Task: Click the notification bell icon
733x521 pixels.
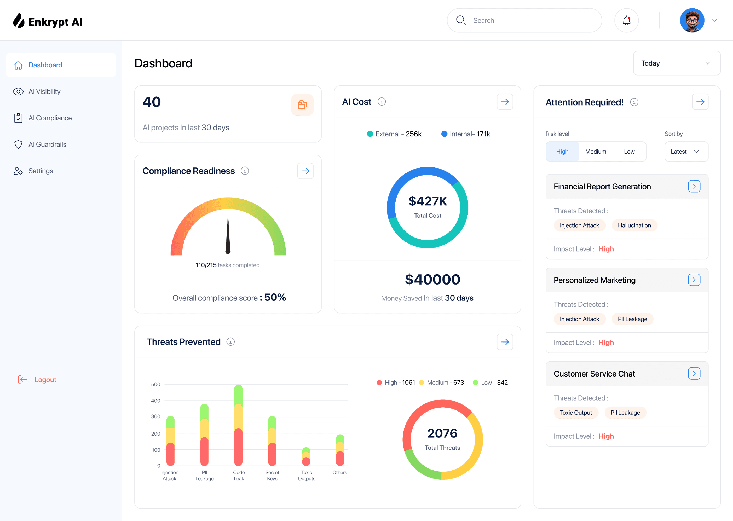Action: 626,21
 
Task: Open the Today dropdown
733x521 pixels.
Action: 676,63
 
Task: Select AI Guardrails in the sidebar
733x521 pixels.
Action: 47,144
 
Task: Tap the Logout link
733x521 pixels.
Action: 45,380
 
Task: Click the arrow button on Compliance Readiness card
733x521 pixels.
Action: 305,171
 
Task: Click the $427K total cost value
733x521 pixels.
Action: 427,201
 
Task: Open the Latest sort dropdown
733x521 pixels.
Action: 686,152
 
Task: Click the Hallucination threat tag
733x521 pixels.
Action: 634,225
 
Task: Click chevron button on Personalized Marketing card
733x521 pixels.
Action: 694,280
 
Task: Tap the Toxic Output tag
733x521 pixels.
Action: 575,413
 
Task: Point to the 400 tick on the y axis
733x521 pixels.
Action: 155,401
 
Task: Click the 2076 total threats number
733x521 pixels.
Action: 442,433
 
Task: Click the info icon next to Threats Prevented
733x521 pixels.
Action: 230,342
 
